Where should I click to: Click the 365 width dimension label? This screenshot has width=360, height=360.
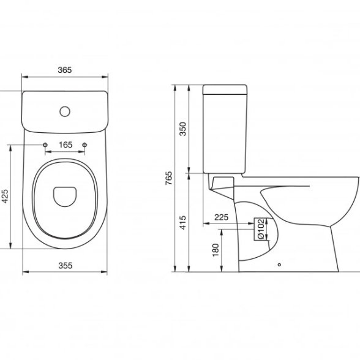[65, 70]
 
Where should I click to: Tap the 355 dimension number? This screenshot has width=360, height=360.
[66, 266]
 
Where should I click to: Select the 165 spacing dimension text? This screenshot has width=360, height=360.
[66, 144]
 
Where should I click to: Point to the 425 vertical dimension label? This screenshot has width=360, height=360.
[5, 196]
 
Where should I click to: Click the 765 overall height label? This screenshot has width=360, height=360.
[168, 178]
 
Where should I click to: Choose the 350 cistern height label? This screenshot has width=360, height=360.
[182, 129]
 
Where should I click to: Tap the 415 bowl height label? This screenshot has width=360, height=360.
[182, 222]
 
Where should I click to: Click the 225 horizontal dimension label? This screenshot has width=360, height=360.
[222, 217]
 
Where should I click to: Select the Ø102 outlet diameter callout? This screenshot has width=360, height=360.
[261, 229]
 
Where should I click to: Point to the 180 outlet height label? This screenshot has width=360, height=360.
[216, 250]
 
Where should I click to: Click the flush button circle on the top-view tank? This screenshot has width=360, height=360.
[65, 111]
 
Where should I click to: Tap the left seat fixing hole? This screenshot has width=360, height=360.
[45, 144]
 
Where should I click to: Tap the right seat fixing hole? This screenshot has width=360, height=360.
[84, 144]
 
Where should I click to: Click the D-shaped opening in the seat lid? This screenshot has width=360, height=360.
[64, 197]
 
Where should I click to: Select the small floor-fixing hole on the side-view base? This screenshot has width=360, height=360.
[279, 264]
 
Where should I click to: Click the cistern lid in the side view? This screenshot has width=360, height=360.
[225, 89]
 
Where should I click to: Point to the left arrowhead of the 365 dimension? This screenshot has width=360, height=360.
[24, 77]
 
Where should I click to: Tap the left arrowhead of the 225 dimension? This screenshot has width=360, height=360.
[206, 223]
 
